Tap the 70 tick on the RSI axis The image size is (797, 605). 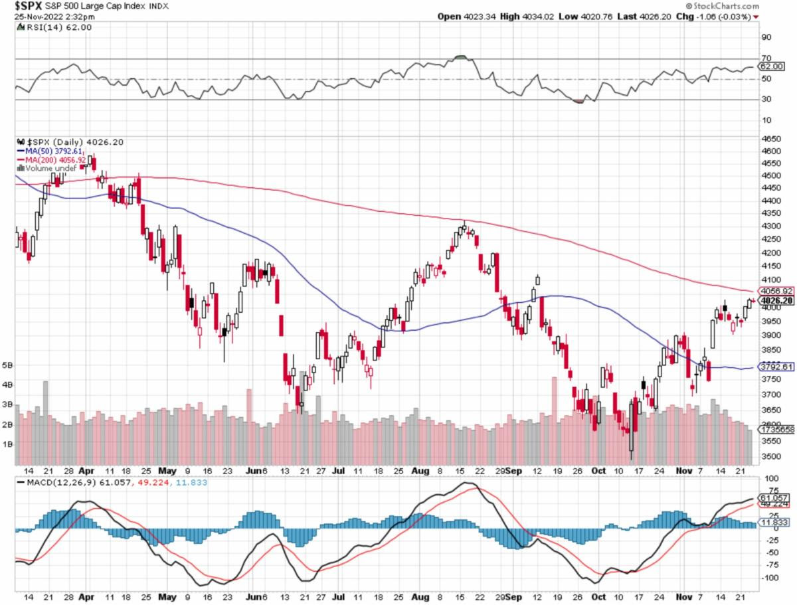(x=766, y=58)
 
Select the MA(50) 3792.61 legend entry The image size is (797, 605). (x=50, y=151)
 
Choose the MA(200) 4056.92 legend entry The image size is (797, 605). (x=52, y=160)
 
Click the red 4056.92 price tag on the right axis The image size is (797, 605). (x=776, y=291)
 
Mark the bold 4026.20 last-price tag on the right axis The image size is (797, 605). (x=776, y=300)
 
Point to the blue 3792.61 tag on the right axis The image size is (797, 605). (x=776, y=367)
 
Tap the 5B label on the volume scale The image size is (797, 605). (x=8, y=365)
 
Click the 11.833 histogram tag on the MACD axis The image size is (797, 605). (x=775, y=523)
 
